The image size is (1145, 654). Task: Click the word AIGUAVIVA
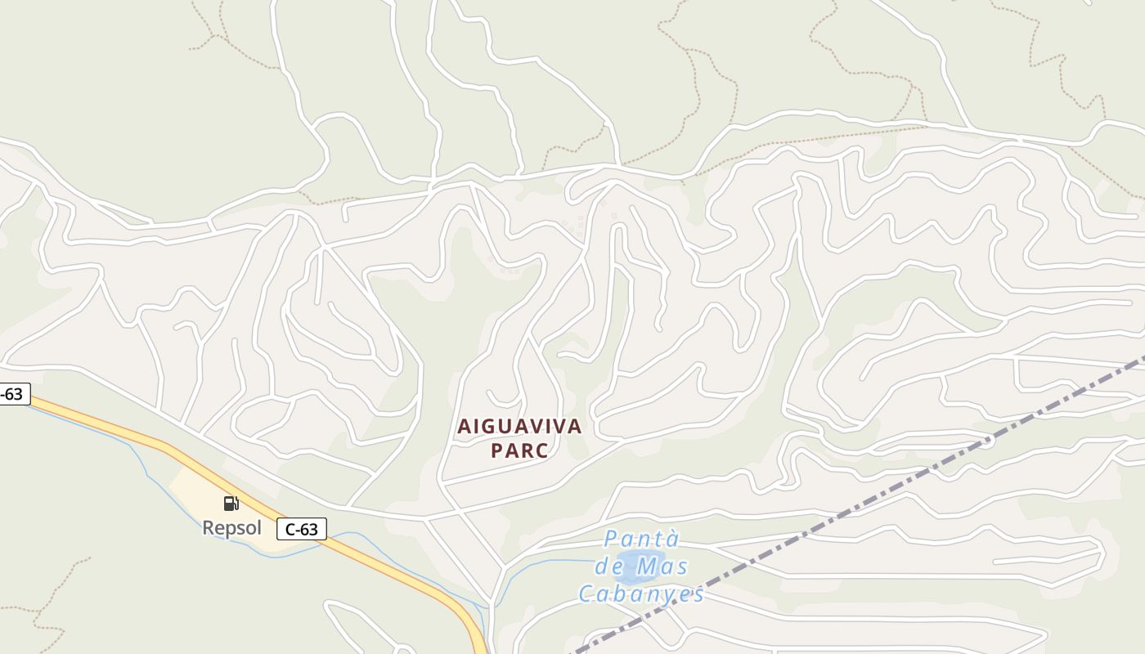pos(519,426)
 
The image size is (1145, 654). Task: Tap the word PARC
pos(519,450)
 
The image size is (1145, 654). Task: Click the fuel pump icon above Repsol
pos(231,504)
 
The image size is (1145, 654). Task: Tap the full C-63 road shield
pos(302,529)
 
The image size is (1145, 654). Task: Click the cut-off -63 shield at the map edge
pos(14,395)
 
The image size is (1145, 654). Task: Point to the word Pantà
pos(642,540)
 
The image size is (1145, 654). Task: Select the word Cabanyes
pos(641,594)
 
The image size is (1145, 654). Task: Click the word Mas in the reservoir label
pos(662,566)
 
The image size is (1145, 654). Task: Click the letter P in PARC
pos(496,450)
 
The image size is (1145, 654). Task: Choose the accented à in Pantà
pos(672,540)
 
